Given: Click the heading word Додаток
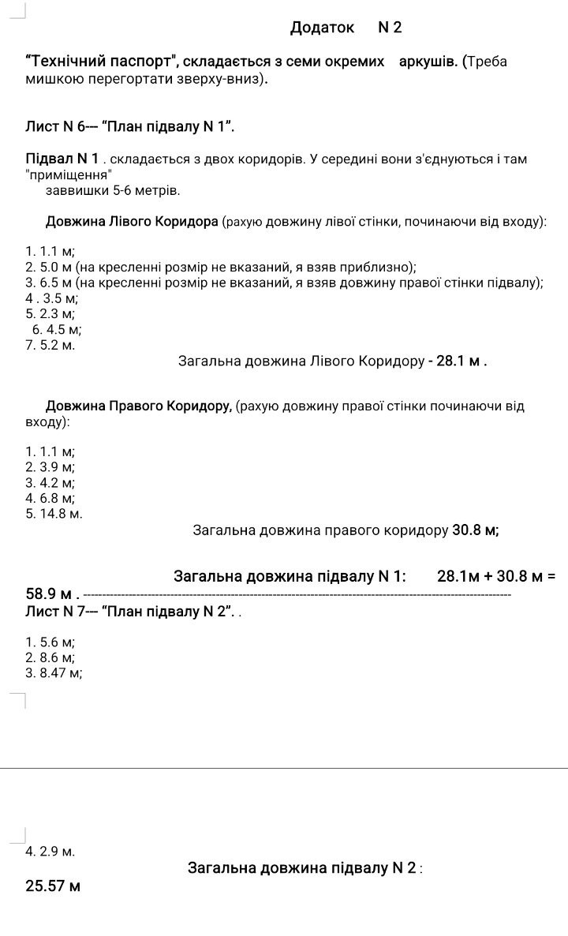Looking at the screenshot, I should (322, 28).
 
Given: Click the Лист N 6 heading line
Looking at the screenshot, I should (130, 126).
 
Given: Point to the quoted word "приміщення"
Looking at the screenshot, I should (69, 175).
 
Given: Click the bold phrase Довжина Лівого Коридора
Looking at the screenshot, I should (132, 222).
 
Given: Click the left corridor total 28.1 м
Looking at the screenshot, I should (458, 362).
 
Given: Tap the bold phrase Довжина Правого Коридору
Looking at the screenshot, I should (138, 406).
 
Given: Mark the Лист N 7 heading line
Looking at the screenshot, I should (130, 612).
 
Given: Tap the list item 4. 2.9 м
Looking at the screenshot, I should (50, 852).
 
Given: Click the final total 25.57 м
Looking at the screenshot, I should (53, 886).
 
